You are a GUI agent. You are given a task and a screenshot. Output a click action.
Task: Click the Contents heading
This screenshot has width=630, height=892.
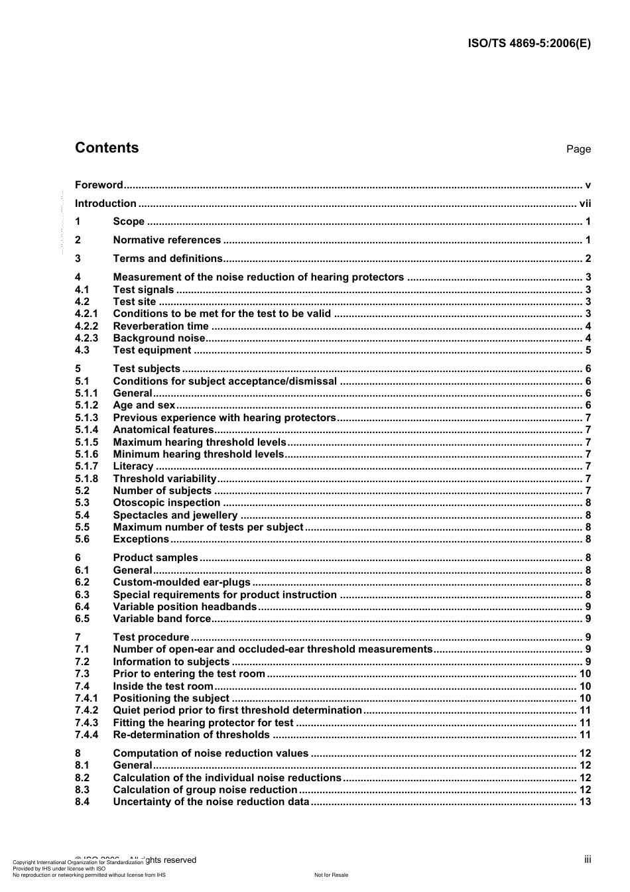click(x=107, y=148)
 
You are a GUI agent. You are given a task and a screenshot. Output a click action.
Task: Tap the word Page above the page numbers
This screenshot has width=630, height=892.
click(x=578, y=149)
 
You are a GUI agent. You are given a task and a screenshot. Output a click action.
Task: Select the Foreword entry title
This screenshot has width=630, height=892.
click(x=99, y=185)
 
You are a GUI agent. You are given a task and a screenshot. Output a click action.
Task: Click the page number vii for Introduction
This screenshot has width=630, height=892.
click(x=585, y=204)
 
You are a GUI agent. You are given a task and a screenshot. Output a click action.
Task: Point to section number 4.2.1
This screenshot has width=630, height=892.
click(x=86, y=314)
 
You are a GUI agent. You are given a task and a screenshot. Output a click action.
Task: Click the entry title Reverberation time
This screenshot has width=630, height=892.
click(x=160, y=326)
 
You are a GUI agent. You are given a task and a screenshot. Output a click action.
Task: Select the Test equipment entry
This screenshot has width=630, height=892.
click(x=152, y=350)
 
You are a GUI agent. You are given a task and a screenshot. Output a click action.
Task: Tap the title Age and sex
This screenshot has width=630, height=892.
click(x=144, y=405)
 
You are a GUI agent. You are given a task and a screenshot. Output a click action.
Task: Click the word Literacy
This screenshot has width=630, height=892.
click(x=133, y=466)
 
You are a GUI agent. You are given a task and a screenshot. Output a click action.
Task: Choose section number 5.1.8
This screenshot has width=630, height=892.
click(x=86, y=479)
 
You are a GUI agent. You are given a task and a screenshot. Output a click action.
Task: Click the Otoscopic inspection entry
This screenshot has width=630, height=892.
click(x=166, y=503)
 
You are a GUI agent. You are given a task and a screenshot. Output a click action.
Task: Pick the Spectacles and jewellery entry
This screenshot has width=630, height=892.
click(x=175, y=515)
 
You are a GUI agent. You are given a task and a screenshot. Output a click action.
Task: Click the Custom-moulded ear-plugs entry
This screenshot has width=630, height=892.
click(x=182, y=582)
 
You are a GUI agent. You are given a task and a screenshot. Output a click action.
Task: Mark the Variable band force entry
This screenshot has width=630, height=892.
click(x=162, y=619)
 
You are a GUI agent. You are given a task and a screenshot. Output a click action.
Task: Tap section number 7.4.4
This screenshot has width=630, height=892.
click(x=86, y=735)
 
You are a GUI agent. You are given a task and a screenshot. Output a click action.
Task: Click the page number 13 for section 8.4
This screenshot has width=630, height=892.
click(x=585, y=802)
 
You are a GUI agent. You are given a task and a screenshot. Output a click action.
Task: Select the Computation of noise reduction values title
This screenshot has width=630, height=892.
click(x=211, y=753)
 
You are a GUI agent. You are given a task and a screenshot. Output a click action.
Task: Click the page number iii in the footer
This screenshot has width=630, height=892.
click(x=588, y=860)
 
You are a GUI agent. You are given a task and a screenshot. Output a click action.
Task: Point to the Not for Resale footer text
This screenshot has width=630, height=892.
click(x=331, y=875)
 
